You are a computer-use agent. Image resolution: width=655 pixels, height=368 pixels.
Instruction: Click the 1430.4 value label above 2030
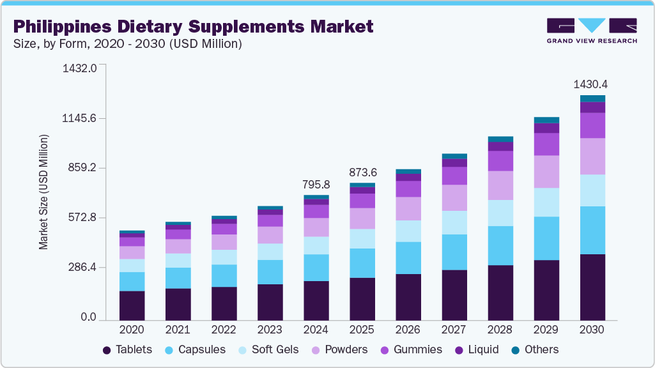590,84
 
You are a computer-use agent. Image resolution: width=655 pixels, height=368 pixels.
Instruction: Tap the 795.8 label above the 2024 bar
316,185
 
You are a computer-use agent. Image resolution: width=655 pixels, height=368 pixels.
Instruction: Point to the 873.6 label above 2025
362,172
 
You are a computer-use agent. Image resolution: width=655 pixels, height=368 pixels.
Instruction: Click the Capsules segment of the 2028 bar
500,245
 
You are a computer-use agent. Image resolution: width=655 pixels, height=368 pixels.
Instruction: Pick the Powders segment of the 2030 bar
592,156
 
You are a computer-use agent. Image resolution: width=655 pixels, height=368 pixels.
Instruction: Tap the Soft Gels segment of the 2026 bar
408,231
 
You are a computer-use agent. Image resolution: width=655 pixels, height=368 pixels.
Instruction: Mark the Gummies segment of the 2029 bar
546,144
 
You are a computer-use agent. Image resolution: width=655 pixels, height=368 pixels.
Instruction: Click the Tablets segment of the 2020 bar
132,305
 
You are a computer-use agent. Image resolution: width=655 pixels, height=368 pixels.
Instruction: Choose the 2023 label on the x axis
270,330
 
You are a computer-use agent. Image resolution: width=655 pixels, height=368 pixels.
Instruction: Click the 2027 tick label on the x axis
454,330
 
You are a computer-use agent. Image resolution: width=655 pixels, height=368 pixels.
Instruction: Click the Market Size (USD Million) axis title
43,192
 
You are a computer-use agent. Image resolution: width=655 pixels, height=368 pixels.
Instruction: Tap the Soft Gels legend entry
266,349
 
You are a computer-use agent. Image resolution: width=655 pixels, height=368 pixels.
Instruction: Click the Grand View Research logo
592,31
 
